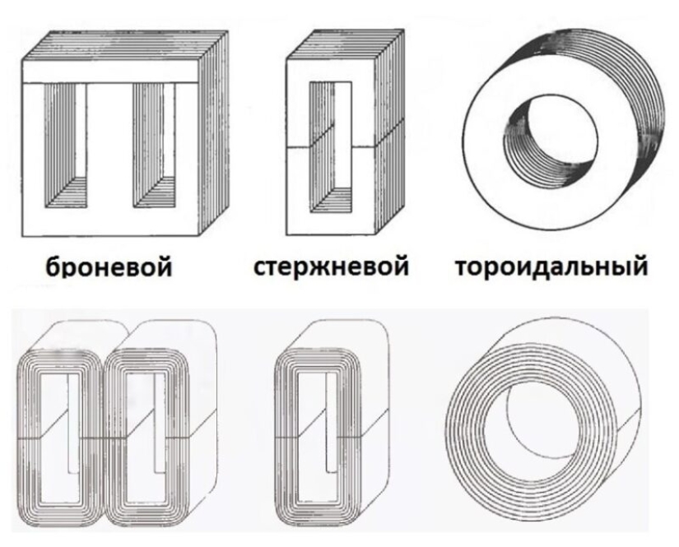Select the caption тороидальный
pyautogui.click(x=550, y=266)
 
